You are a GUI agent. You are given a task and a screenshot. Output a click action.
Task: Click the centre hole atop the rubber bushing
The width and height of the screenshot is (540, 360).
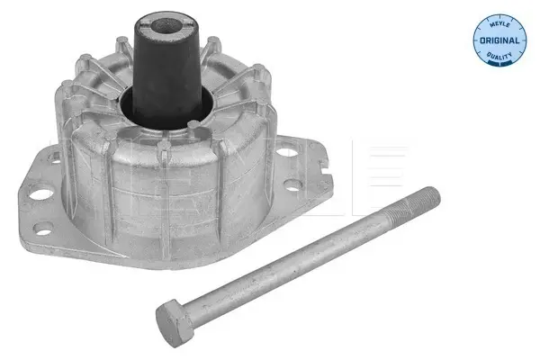(x=166, y=25)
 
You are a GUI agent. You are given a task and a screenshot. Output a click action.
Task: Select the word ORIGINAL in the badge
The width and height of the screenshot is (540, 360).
(x=499, y=40)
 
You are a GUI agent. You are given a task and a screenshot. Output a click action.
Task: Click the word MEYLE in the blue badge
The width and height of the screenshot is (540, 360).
(x=499, y=25)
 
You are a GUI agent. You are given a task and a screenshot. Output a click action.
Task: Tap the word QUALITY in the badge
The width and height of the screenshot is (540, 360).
(x=499, y=55)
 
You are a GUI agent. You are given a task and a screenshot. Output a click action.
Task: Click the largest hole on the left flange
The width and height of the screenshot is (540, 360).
(x=41, y=193)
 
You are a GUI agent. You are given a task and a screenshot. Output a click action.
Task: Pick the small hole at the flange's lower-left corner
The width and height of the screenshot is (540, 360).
(x=44, y=228)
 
